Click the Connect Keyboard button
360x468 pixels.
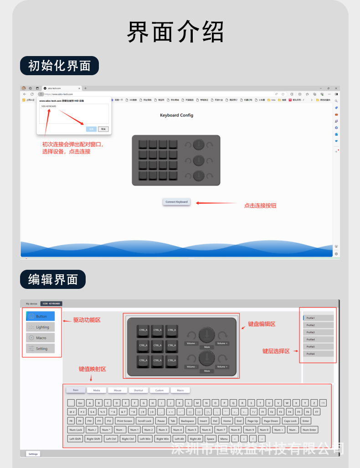(x=176, y=202)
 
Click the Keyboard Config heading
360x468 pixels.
(x=176, y=115)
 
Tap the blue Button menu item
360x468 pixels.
(x=41, y=316)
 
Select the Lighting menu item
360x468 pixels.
(x=41, y=327)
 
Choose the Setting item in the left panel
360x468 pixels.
(x=41, y=349)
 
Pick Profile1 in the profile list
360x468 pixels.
(x=318, y=318)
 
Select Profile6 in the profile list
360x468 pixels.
(x=318, y=354)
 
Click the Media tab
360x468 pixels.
(x=97, y=390)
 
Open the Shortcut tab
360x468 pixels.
(x=138, y=390)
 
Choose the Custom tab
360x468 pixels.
(x=159, y=390)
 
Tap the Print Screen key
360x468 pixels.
(x=124, y=421)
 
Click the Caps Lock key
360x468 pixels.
(x=290, y=421)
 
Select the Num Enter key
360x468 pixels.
(x=309, y=430)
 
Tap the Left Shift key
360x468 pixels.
(x=75, y=439)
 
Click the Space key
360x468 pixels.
(x=210, y=439)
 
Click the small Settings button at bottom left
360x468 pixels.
(x=33, y=454)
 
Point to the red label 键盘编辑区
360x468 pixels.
(x=262, y=324)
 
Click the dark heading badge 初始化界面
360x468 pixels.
(x=59, y=66)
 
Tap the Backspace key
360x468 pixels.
(x=187, y=421)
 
